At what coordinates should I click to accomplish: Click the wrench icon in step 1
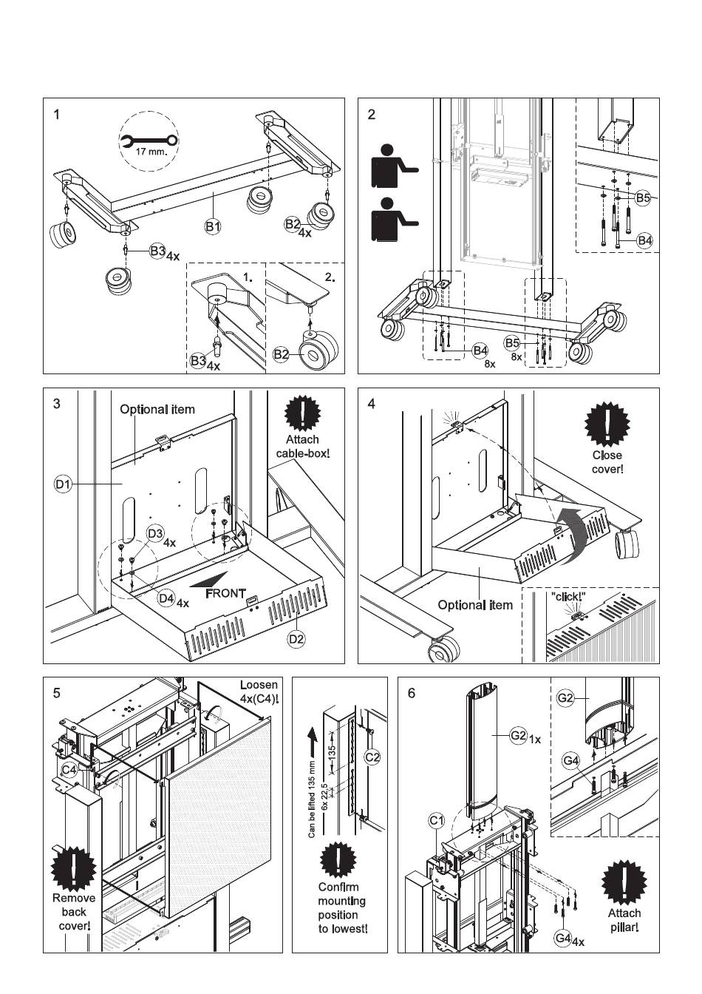pyautogui.click(x=148, y=141)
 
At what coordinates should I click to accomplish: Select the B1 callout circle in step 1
pyautogui.click(x=213, y=227)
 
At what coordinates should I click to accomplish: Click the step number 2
pyautogui.click(x=371, y=114)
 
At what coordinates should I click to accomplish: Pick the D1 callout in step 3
pyautogui.click(x=62, y=485)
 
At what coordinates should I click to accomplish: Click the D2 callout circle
pyautogui.click(x=297, y=638)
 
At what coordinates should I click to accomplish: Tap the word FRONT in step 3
pyautogui.click(x=225, y=593)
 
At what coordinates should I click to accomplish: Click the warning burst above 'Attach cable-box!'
pyautogui.click(x=302, y=415)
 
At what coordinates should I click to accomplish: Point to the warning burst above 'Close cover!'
pyautogui.click(x=607, y=425)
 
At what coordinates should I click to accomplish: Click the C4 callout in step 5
pyautogui.click(x=69, y=770)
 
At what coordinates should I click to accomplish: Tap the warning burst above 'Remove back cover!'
pyautogui.click(x=74, y=870)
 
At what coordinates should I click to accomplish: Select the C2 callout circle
pyautogui.click(x=372, y=757)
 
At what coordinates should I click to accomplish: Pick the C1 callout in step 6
pyautogui.click(x=437, y=820)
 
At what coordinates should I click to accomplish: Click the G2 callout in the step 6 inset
pyautogui.click(x=565, y=697)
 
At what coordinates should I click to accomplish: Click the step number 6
pyautogui.click(x=412, y=693)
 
